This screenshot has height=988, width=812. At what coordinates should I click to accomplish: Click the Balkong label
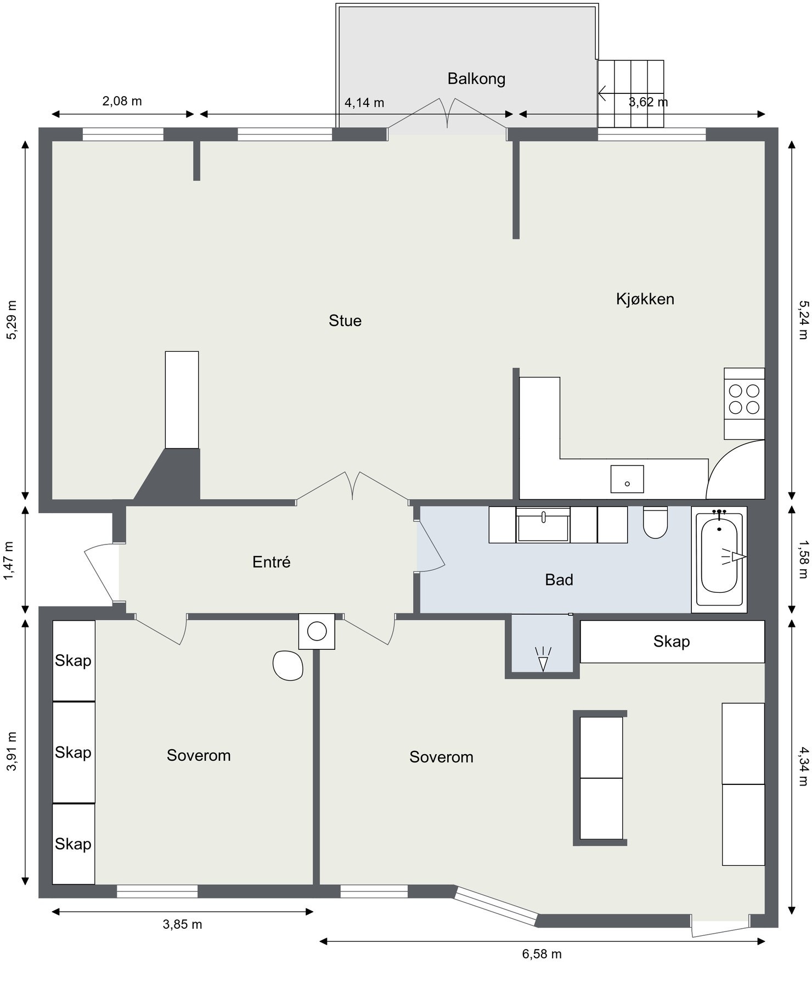(476, 78)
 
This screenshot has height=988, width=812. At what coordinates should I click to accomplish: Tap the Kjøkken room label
(645, 299)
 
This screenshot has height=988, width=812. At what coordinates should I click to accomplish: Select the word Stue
(345, 321)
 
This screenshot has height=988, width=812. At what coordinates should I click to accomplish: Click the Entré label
(271, 562)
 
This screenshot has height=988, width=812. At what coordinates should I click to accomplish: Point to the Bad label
(559, 580)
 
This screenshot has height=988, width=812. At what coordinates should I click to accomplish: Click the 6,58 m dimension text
(542, 953)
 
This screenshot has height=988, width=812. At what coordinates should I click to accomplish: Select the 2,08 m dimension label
(122, 101)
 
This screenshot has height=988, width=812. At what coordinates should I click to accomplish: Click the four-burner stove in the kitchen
(743, 399)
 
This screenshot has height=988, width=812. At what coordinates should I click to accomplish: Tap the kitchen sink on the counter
(627, 479)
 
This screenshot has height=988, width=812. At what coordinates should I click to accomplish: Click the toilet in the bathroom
(655, 524)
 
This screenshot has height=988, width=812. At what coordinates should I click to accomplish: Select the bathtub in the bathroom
(719, 557)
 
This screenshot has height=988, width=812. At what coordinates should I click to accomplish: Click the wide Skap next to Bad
(672, 641)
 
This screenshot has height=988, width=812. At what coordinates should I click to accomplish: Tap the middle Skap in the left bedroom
(73, 752)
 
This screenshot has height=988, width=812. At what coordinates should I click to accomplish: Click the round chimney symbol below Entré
(317, 631)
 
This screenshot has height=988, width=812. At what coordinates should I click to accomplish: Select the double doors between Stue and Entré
(352, 487)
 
